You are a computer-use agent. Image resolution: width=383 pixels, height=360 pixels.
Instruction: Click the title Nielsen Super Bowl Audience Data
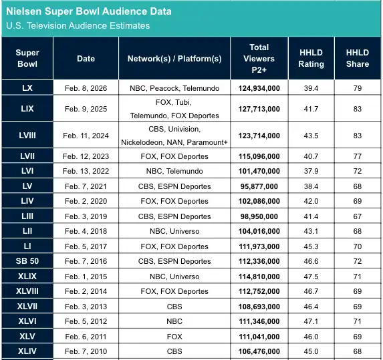88,11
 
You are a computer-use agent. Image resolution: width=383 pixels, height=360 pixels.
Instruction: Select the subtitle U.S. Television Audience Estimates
78,26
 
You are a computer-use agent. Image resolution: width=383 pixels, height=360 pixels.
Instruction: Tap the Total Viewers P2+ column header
259,58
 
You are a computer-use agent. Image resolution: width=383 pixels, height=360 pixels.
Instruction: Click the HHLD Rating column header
311,58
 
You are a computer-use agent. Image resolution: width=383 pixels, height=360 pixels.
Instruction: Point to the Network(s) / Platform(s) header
174,58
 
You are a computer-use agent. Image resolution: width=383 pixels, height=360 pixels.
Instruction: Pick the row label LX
27,87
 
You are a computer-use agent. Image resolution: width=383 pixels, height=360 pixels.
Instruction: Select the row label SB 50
27,261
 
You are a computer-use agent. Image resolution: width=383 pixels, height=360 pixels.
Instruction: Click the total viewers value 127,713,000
259,108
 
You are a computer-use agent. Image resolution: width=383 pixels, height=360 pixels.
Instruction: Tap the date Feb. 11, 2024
86,136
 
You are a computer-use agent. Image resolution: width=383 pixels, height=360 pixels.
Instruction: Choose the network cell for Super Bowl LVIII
174,136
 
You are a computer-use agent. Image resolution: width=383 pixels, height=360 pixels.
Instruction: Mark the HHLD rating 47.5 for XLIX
311,277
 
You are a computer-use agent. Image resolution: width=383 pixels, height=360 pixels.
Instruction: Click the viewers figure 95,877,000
259,186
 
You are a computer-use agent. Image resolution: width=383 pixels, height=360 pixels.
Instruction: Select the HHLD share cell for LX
357,87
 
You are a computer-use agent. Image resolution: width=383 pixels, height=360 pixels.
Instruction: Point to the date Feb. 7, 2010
86,351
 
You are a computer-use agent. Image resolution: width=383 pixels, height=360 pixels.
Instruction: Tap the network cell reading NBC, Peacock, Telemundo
174,87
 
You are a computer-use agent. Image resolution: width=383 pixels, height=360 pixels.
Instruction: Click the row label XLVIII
27,291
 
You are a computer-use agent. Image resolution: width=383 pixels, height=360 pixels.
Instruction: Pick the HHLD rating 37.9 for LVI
311,171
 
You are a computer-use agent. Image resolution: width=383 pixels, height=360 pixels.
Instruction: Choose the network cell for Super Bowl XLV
174,337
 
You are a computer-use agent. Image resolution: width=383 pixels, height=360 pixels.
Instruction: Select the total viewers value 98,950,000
259,216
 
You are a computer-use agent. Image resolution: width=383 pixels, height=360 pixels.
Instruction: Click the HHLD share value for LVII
357,156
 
